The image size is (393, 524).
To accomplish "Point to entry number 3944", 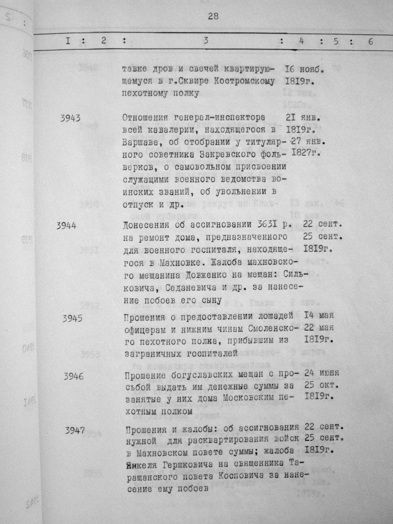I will click(66, 226).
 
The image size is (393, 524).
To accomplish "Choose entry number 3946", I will click(73, 376).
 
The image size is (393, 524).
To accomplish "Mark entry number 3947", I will click(74, 430).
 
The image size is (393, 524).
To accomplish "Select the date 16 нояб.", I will click(305, 69).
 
